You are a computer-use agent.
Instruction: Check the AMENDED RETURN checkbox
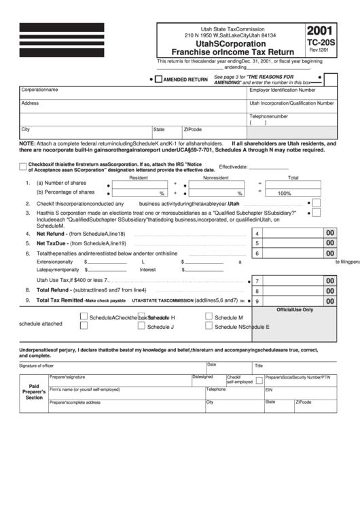(x=158, y=80)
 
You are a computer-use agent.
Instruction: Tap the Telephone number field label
(x=274, y=116)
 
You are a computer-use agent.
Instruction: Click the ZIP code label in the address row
(x=193, y=129)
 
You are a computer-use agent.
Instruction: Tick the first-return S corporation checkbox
(x=23, y=166)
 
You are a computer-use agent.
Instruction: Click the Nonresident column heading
(x=216, y=177)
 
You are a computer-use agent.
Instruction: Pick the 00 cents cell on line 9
(x=330, y=301)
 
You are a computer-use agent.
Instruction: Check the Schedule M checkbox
(x=209, y=317)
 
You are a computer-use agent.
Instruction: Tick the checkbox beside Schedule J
(x=141, y=326)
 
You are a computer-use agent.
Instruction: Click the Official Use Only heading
(x=293, y=309)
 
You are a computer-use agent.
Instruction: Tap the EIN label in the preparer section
(x=269, y=390)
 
